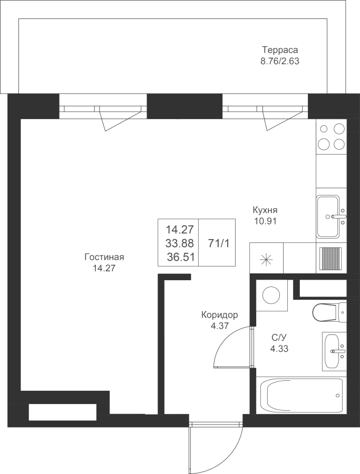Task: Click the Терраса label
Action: point(280,50)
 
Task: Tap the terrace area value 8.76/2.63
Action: point(280,61)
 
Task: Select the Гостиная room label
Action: point(104,257)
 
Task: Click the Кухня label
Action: point(265,210)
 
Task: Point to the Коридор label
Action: point(220,315)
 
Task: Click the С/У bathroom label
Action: point(279,337)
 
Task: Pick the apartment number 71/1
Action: point(219,243)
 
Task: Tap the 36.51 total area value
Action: point(180,257)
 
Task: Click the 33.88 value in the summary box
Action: point(180,243)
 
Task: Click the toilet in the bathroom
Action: point(329,312)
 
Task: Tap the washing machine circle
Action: point(271,295)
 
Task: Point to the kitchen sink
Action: point(328,216)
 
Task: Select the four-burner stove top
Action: point(331,137)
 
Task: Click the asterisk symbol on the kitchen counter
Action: point(267,259)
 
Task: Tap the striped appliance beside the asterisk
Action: point(330,259)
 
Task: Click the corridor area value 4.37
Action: point(219,326)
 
